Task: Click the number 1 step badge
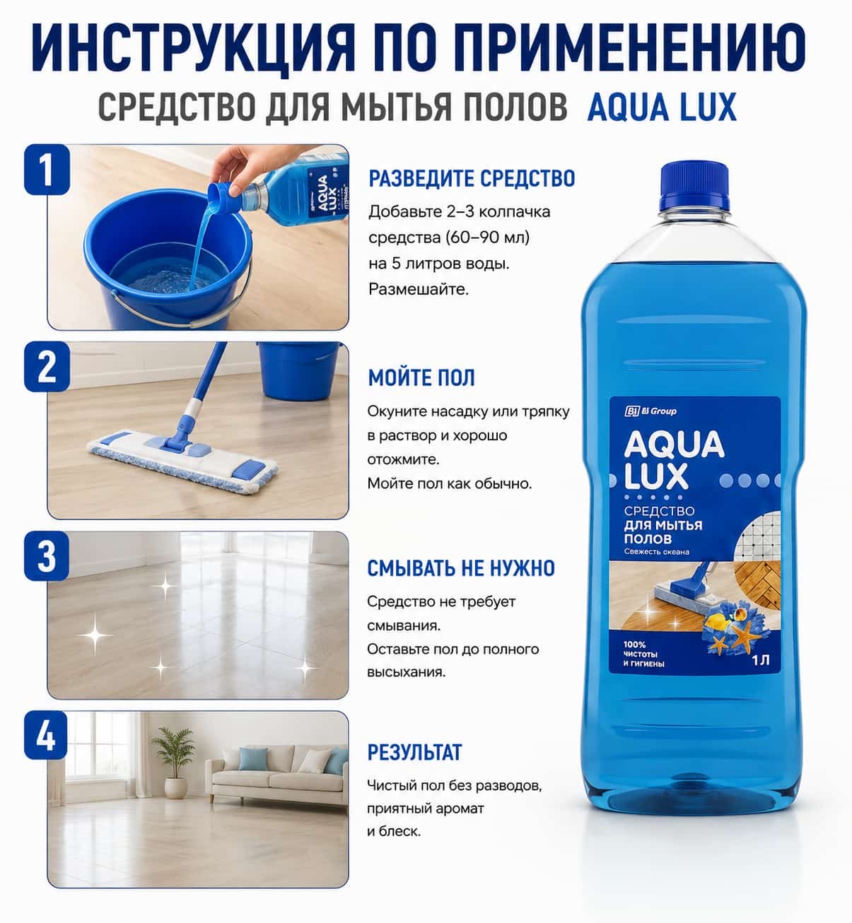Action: [47, 169]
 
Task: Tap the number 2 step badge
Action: [47, 366]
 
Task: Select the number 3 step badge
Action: [47, 555]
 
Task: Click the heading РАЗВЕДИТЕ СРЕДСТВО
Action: [472, 179]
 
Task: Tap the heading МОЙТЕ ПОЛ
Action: [421, 377]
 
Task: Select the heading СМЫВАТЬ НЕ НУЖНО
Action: [461, 568]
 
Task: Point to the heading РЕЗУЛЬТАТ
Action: [414, 753]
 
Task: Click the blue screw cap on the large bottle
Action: [695, 185]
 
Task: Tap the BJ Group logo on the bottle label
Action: [650, 411]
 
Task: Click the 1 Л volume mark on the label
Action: [760, 660]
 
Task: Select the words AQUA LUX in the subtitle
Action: [662, 107]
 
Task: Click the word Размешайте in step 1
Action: [419, 289]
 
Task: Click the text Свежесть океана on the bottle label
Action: [656, 552]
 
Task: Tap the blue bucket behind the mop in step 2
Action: [298, 370]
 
